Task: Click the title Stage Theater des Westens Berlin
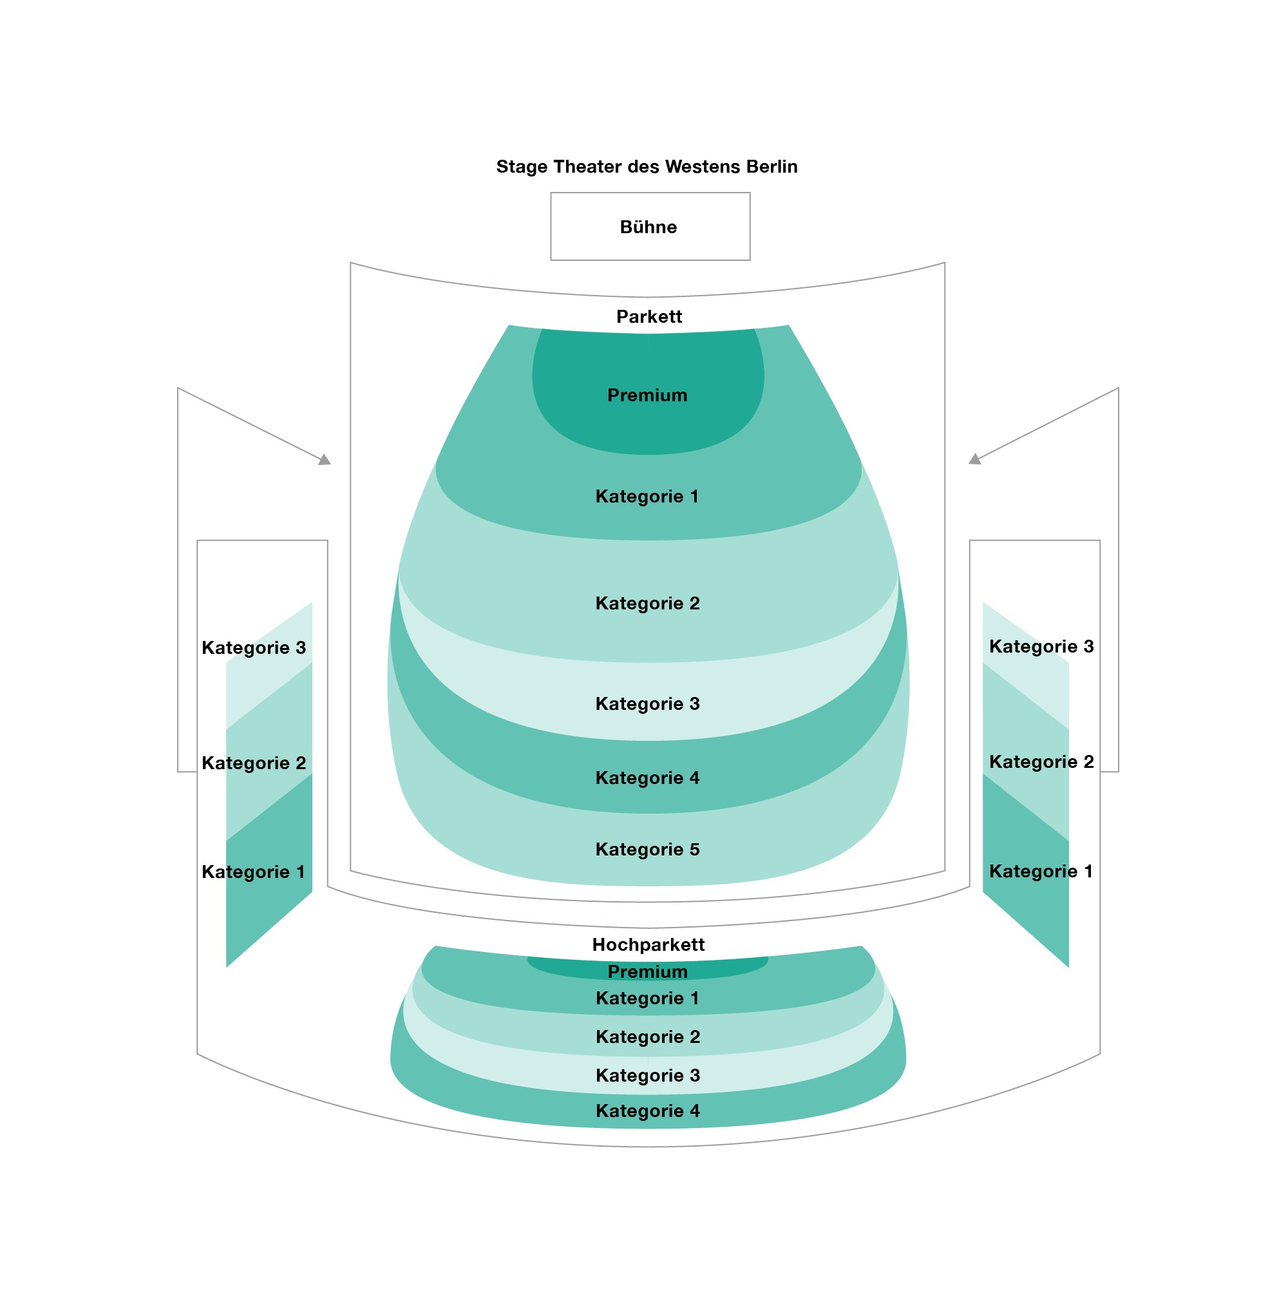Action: coord(647,166)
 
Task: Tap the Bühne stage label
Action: coord(648,227)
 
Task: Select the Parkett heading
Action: coord(649,316)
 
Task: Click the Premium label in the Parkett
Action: coord(647,395)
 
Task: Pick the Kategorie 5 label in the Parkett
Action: coord(647,849)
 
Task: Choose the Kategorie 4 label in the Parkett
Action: coord(647,778)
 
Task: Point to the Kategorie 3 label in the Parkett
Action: coord(647,704)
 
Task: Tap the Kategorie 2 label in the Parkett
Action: coord(647,603)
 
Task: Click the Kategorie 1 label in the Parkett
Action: coord(647,497)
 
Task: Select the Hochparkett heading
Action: coord(648,944)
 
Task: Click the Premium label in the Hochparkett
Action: coord(647,971)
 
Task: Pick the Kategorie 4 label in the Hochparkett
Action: coord(647,1111)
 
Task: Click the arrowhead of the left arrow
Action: coord(325,460)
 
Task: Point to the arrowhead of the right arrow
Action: coord(974,460)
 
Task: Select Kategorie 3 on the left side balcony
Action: coord(254,648)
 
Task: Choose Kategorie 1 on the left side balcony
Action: coord(253,872)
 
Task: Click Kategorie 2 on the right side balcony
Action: coord(1041,762)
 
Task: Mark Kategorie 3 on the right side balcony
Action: coord(1041,647)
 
